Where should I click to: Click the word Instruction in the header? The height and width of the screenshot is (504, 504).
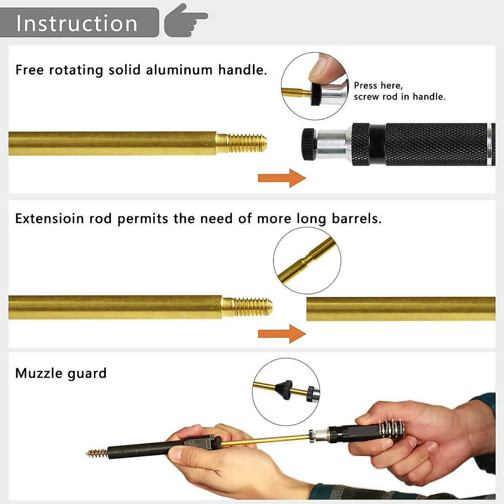(x=77, y=24)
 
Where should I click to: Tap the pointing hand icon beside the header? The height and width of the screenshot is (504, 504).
(x=185, y=20)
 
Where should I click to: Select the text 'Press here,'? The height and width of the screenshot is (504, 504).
(x=378, y=85)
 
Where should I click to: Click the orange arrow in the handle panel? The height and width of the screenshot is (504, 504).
(x=281, y=178)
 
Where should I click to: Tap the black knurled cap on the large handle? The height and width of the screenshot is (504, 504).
(x=309, y=144)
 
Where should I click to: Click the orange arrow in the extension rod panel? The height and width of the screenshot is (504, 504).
(x=281, y=334)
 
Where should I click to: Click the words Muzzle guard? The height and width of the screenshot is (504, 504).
(x=61, y=373)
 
